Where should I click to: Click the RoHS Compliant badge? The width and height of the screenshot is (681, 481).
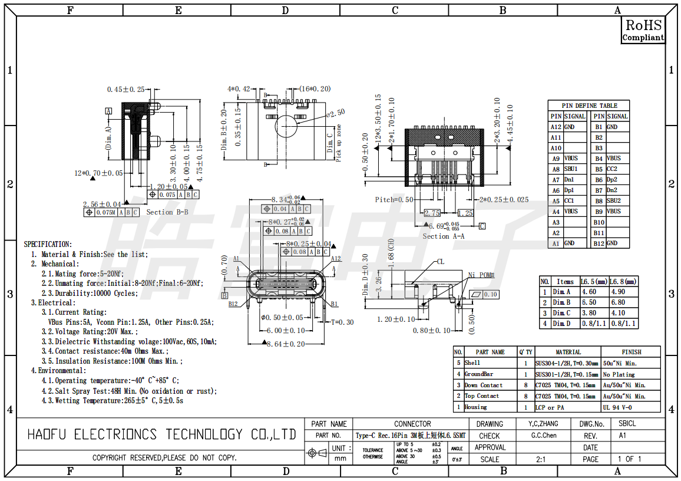click(x=643, y=30)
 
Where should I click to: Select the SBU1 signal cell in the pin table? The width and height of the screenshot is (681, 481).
click(x=571, y=169)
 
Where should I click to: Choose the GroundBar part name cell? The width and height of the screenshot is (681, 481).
click(x=479, y=374)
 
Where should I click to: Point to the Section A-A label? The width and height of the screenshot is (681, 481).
click(x=444, y=236)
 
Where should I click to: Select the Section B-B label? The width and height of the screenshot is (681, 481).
click(x=167, y=212)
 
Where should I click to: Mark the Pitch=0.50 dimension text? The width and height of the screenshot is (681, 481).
click(x=394, y=200)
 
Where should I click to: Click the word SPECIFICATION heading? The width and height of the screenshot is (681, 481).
click(x=48, y=244)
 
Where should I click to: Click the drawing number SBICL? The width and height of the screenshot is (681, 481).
click(x=627, y=424)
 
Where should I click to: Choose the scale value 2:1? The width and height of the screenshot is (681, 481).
click(x=540, y=459)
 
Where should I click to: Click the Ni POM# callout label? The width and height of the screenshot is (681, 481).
click(x=481, y=275)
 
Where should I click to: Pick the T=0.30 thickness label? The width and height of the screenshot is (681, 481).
click(x=342, y=322)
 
